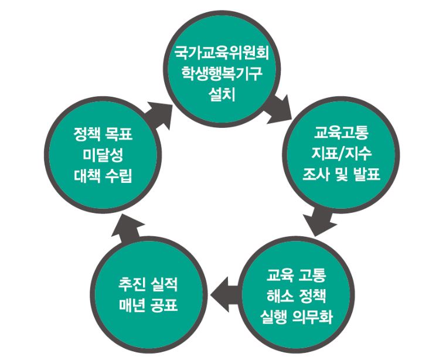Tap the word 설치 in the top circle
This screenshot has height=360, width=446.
[222, 95]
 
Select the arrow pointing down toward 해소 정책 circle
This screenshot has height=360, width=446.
[321, 221]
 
